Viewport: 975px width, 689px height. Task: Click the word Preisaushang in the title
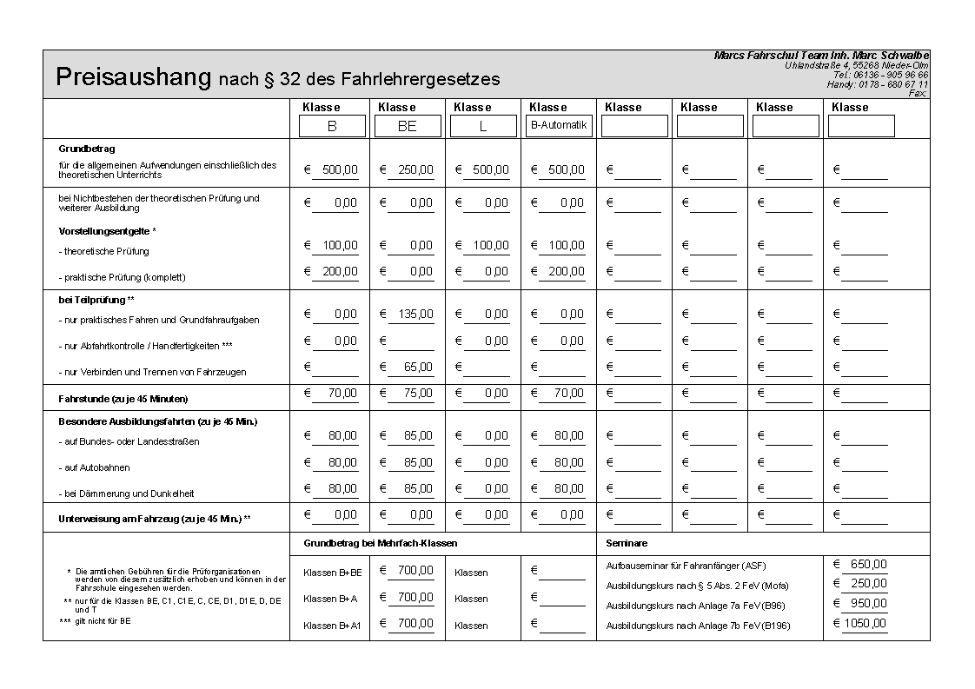[x=133, y=77]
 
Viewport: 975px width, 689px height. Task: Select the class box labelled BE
[x=408, y=126]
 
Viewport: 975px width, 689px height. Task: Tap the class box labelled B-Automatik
[x=559, y=125]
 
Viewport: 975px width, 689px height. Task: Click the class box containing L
[x=483, y=126]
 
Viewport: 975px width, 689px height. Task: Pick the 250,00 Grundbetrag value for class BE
[x=415, y=170]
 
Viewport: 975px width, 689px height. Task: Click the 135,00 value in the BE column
[x=415, y=315]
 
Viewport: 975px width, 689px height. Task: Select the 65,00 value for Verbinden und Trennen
[x=418, y=368]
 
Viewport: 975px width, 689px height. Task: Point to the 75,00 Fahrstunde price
[x=418, y=394]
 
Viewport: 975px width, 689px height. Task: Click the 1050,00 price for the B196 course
[x=865, y=623]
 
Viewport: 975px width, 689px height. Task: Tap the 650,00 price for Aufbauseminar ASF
[x=868, y=564]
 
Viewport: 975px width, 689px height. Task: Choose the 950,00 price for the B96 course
[x=868, y=603]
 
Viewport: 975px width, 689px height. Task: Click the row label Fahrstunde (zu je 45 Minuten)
[x=123, y=399]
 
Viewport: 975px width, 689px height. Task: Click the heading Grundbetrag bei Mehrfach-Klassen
[x=380, y=543]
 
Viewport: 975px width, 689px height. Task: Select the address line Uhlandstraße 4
[x=856, y=65]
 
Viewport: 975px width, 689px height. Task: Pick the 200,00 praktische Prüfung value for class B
[x=340, y=272]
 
